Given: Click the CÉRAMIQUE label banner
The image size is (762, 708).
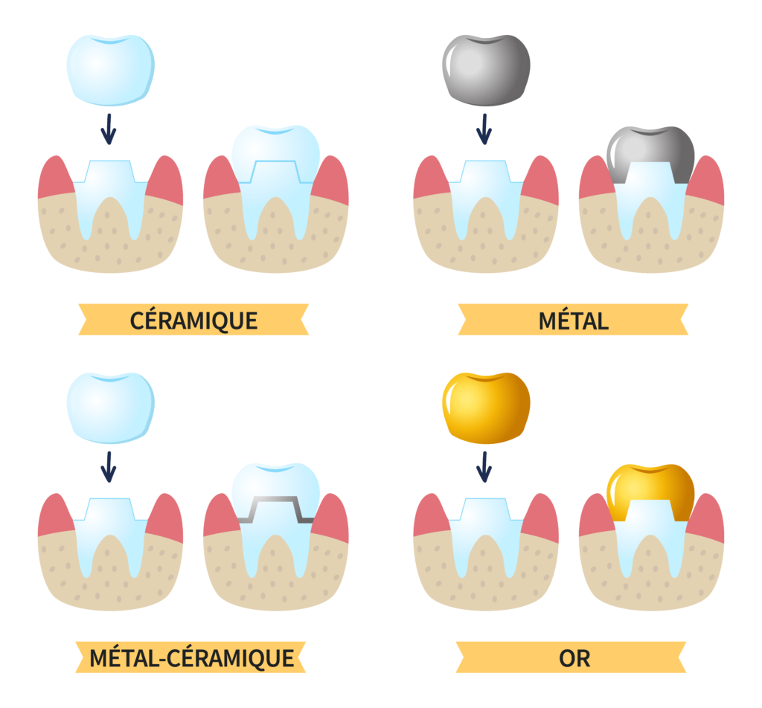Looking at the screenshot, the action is pyautogui.click(x=193, y=320).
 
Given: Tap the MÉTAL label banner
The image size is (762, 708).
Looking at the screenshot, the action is pyautogui.click(x=573, y=320).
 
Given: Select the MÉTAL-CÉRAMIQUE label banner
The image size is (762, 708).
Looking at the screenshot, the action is pyautogui.click(x=190, y=657).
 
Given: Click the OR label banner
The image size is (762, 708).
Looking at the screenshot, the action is pyautogui.click(x=571, y=657).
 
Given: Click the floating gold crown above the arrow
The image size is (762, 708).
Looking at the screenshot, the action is pyautogui.click(x=486, y=408).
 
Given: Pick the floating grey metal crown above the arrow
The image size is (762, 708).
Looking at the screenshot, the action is pyautogui.click(x=486, y=70).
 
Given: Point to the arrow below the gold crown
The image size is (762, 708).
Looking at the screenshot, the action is pyautogui.click(x=484, y=467).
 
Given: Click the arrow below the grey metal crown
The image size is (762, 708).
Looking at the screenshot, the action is pyautogui.click(x=484, y=129).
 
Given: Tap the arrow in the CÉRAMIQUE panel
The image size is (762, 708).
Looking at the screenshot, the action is pyautogui.click(x=109, y=129).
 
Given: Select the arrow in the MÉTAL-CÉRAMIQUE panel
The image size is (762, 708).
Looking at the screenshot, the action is pyautogui.click(x=109, y=467).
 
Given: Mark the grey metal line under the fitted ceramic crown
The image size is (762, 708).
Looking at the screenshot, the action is pyautogui.click(x=276, y=498).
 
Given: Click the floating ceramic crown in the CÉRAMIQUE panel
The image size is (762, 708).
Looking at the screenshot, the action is pyautogui.click(x=111, y=70).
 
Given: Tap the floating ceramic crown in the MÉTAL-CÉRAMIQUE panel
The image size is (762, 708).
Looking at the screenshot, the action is pyautogui.click(x=111, y=408).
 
